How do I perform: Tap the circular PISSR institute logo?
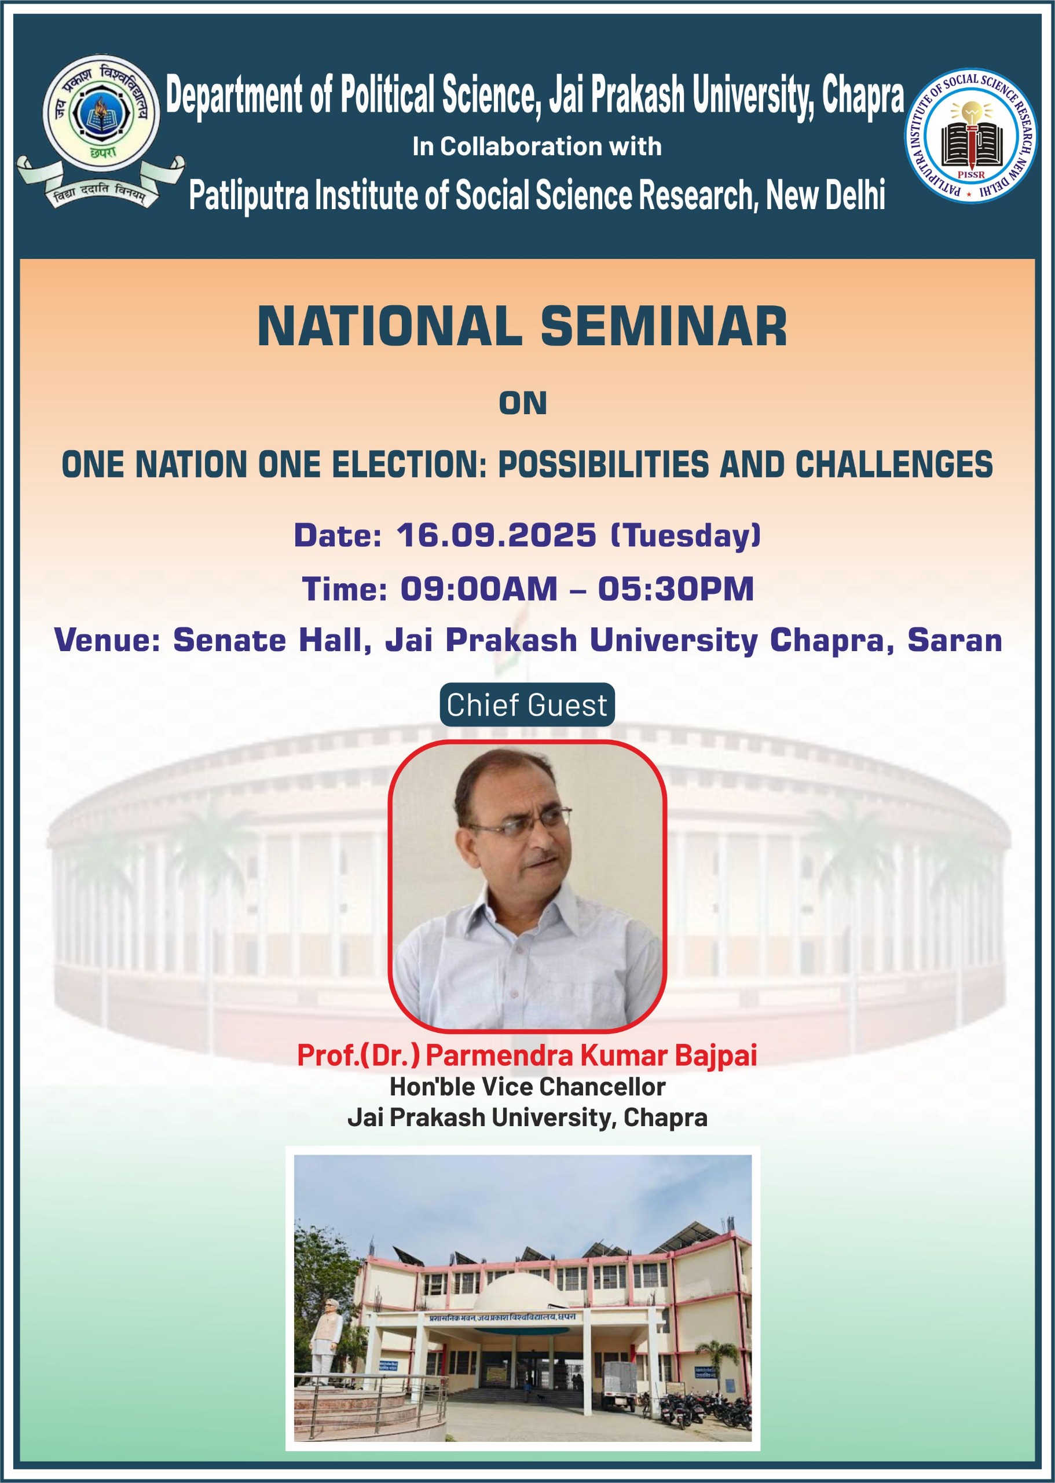coord(971,136)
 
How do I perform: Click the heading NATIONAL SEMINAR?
coord(522,326)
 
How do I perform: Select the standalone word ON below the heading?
coord(523,403)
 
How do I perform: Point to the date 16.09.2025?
coord(496,535)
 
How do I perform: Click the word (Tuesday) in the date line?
coord(686,536)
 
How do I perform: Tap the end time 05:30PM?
coord(676,589)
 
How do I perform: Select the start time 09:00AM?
coord(479,589)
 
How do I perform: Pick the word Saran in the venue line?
coord(954,640)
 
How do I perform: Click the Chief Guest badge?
coord(527,704)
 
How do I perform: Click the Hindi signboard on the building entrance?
coord(501,1317)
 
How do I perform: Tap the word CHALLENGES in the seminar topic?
coord(894,465)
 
